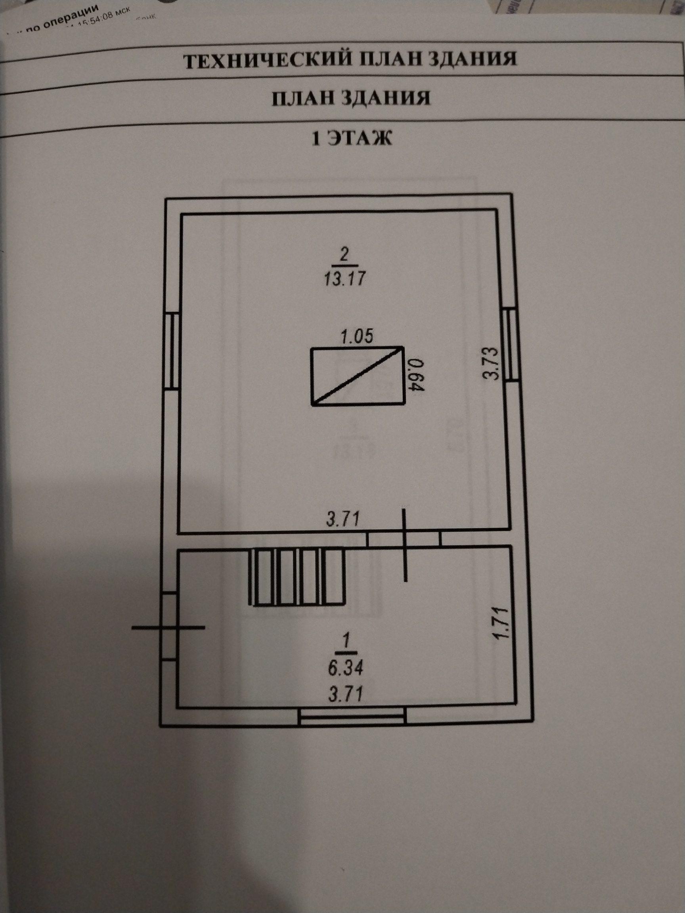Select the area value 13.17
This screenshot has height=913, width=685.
[343, 279]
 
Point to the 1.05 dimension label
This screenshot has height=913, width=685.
[356, 336]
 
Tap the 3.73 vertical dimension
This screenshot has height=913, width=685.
[494, 363]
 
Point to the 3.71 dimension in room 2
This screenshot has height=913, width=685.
[343, 519]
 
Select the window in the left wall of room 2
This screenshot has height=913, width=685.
[172, 350]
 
